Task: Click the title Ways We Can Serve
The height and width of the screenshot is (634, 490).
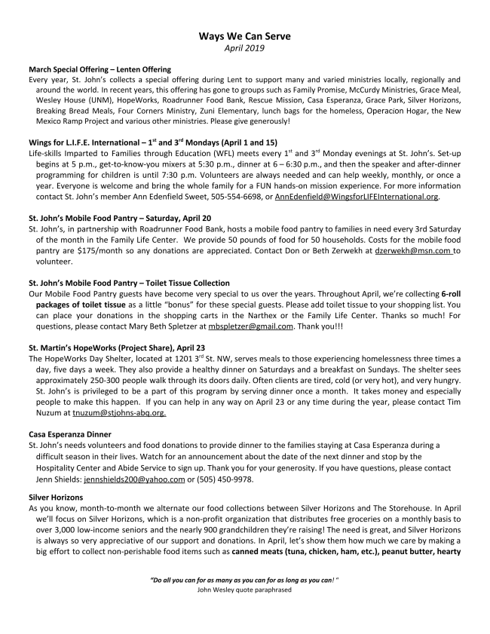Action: coord(244,35)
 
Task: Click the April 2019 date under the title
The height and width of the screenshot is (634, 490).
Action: coord(244,48)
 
